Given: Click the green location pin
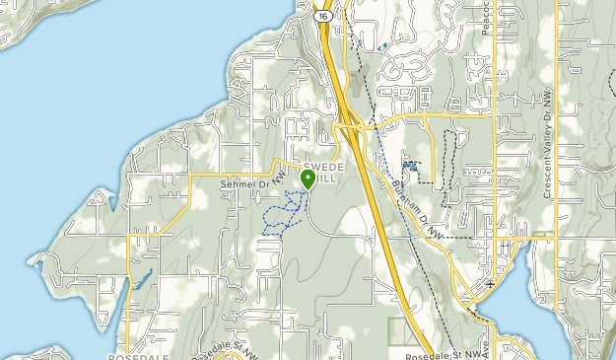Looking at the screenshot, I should pos(308,178).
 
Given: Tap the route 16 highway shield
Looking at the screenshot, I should pos(322,16).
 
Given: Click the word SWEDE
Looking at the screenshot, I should pos(324,168).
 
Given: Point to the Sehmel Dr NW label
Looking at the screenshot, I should pos(246,183).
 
